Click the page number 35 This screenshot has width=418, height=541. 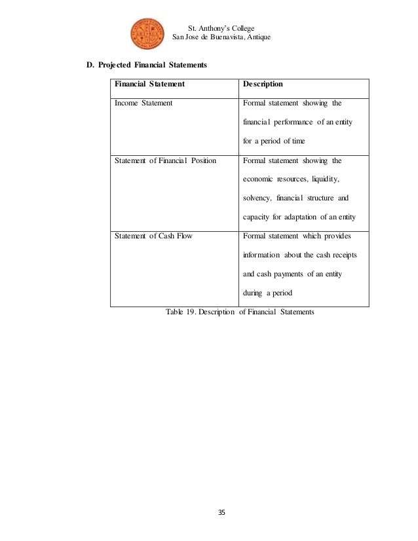[x=220, y=512]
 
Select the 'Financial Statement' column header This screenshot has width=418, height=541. [x=149, y=84]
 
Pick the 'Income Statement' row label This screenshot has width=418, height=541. [x=143, y=103]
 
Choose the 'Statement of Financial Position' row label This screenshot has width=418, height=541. [x=165, y=160]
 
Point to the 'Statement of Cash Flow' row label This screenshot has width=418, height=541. [x=153, y=236]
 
